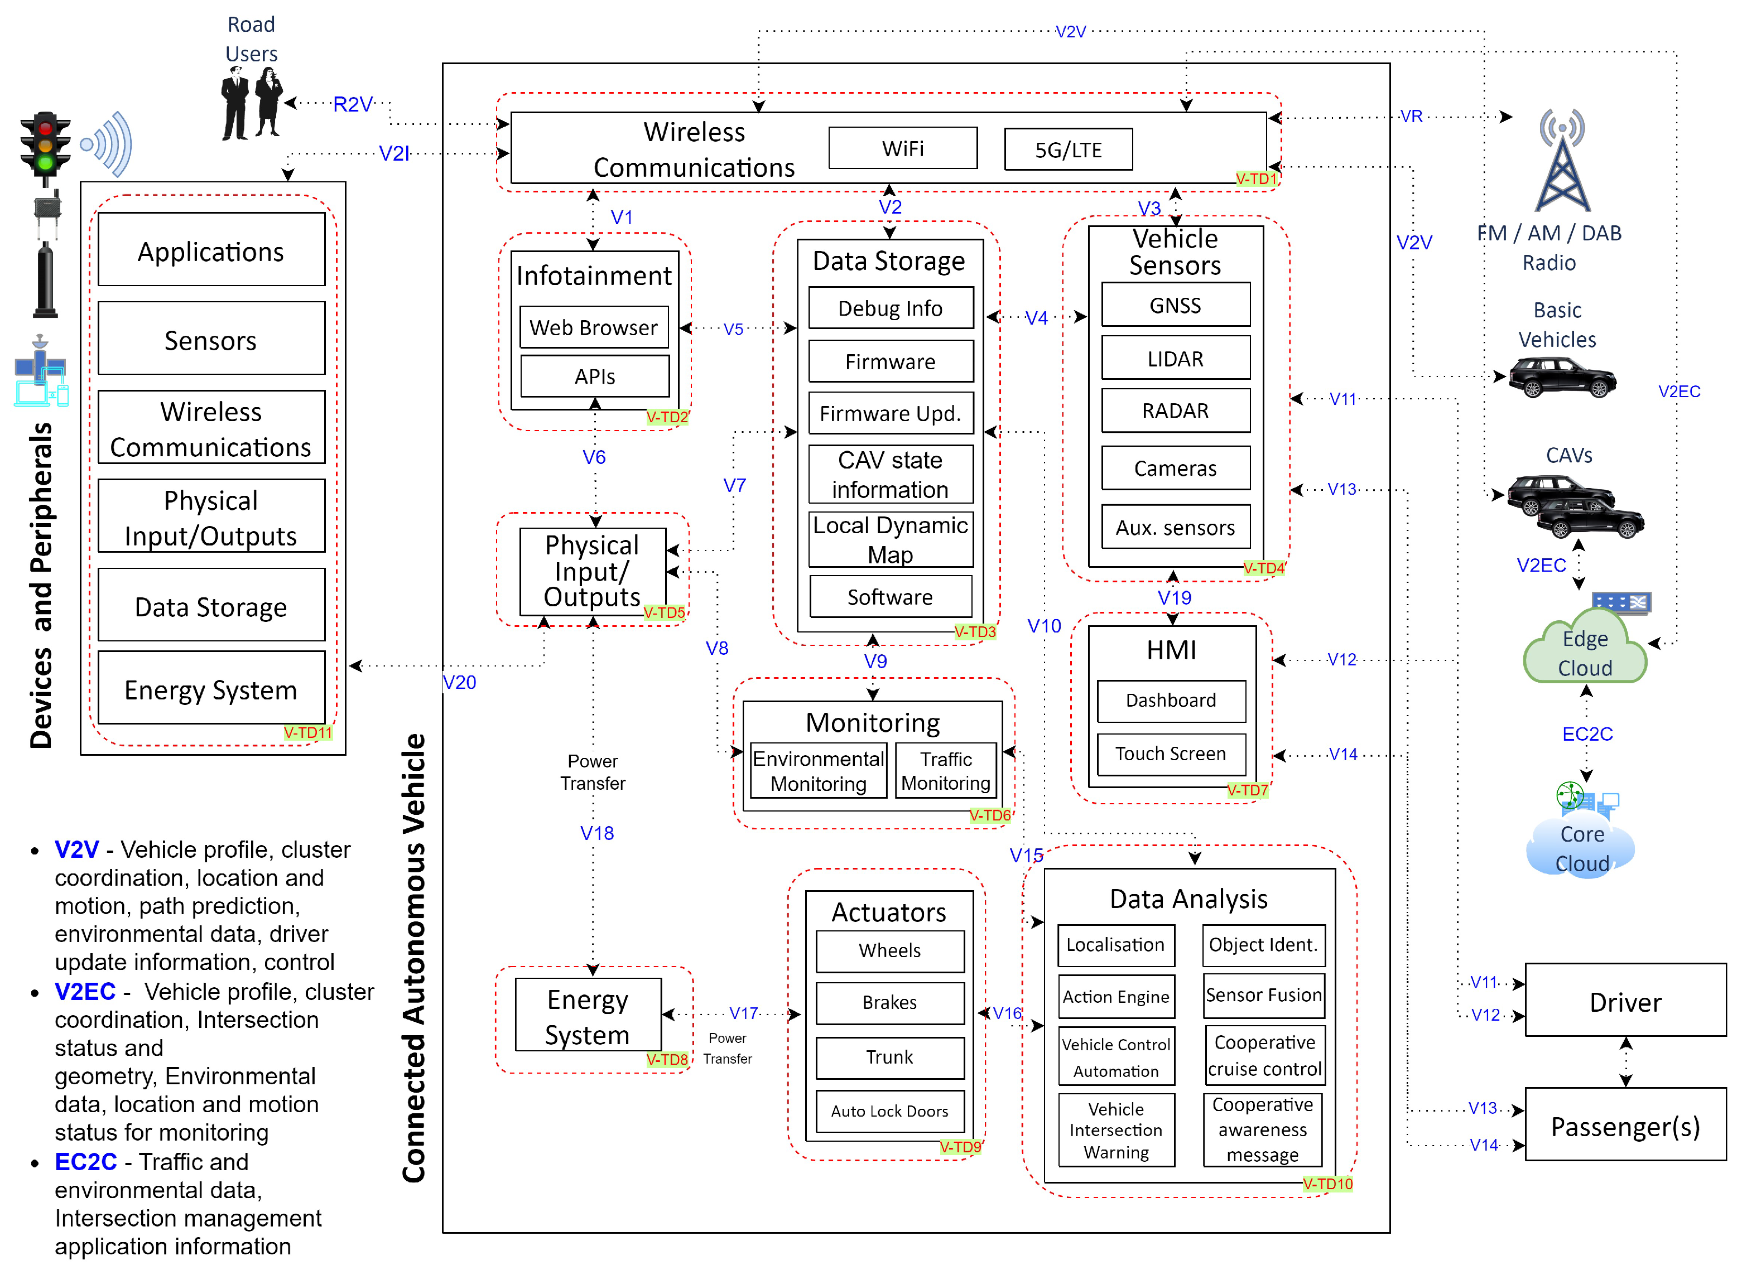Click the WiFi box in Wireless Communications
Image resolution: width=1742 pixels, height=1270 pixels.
pyautogui.click(x=903, y=148)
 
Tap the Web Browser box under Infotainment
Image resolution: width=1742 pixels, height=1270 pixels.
pyautogui.click(x=593, y=327)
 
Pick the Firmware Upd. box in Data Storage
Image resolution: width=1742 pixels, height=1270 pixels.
pyautogui.click(x=890, y=414)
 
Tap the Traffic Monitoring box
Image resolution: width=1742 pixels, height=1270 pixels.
pyautogui.click(x=945, y=771)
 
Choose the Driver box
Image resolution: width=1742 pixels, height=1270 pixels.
pyautogui.click(x=1624, y=1002)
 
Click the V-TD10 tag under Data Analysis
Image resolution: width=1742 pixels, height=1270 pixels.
pyautogui.click(x=1327, y=1184)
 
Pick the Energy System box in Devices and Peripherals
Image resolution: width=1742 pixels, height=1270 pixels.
pyautogui.click(x=211, y=689)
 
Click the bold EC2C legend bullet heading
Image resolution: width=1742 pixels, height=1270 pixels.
pyautogui.click(x=85, y=1162)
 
